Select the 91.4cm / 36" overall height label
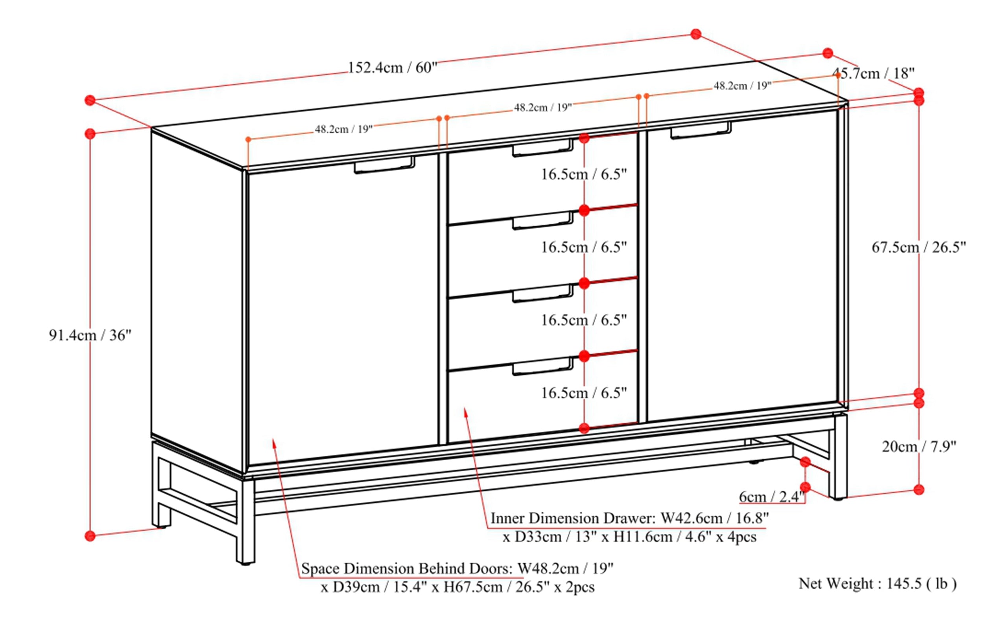(90, 335)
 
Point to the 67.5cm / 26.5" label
(918, 248)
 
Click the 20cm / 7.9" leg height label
(918, 447)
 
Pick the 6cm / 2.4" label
(771, 497)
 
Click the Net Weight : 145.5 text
(877, 583)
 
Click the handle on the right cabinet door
(701, 130)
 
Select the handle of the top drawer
(542, 148)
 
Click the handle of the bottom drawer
(542, 367)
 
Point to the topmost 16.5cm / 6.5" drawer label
(584, 174)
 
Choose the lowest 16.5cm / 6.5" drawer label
(584, 393)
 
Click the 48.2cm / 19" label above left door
(343, 130)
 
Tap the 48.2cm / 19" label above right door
(742, 86)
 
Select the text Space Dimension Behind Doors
(407, 569)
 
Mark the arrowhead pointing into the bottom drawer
(465, 411)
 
